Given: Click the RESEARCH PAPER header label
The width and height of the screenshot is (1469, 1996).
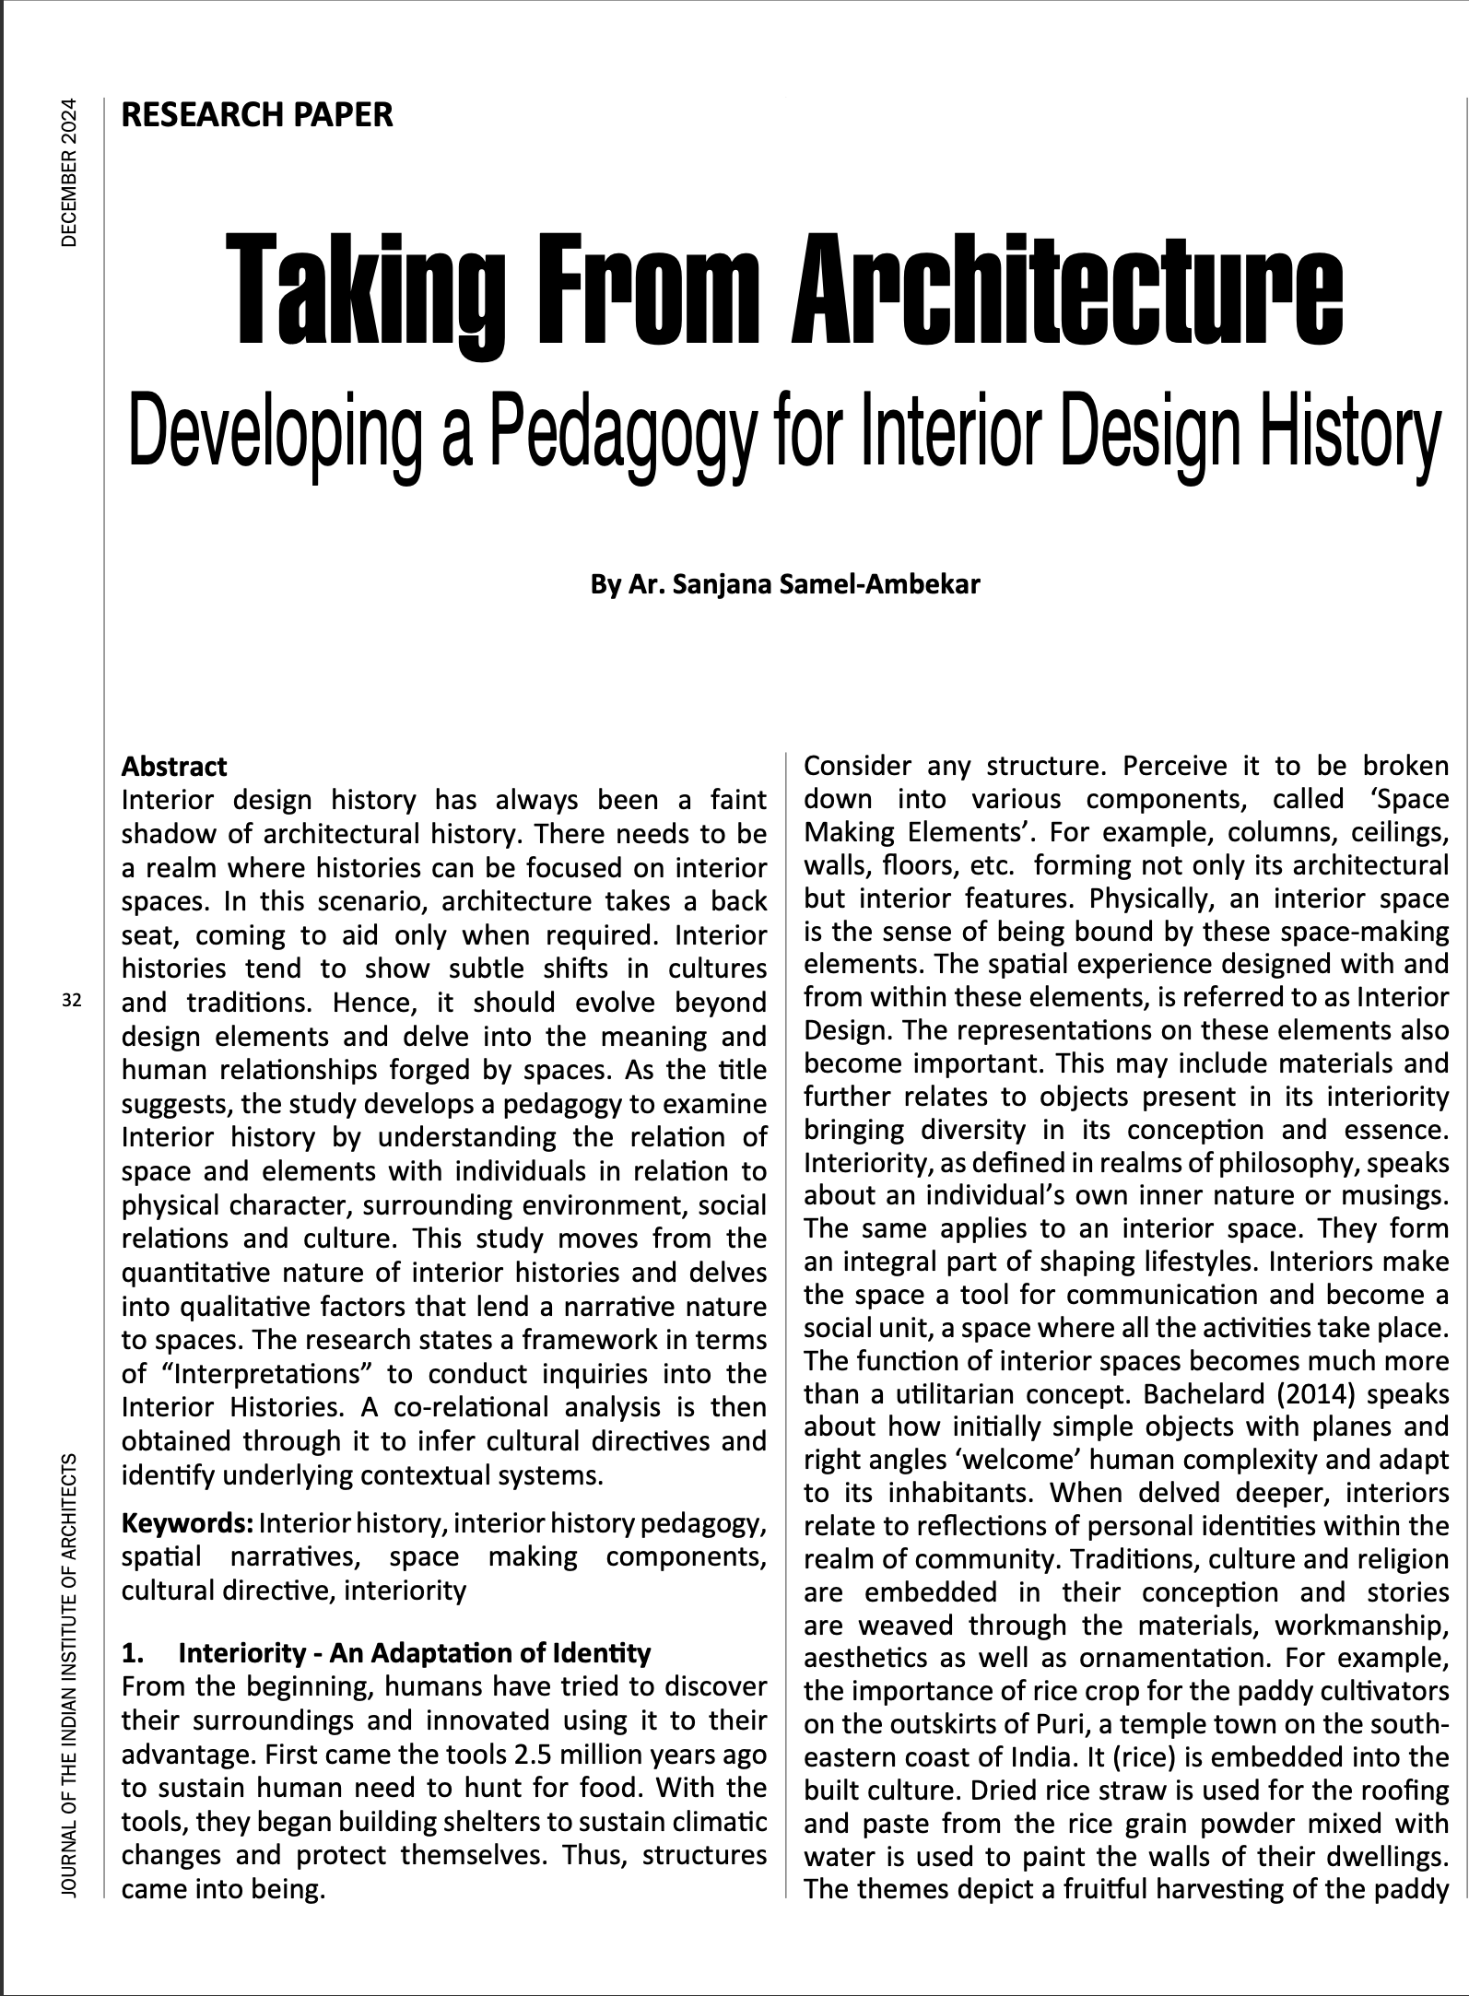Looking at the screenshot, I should point(257,115).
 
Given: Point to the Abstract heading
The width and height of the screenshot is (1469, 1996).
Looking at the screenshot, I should point(174,767).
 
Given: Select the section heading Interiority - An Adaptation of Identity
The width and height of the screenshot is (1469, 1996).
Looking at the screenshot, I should point(414,1653).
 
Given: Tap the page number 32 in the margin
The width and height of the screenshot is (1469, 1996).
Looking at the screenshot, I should point(72,1000).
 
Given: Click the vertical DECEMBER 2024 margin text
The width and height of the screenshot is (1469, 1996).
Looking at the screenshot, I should point(70,172).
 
